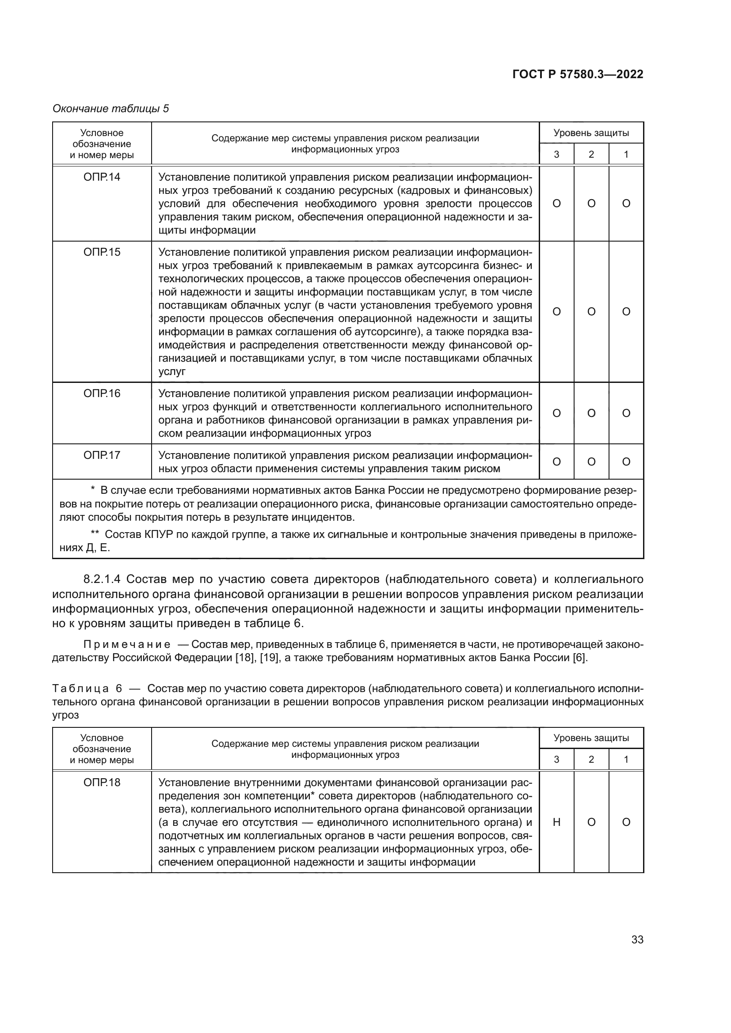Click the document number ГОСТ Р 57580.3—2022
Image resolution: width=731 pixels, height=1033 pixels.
pos(578,75)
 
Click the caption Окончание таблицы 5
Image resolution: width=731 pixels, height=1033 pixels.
pos(111,109)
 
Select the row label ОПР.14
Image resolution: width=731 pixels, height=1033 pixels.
pos(102,177)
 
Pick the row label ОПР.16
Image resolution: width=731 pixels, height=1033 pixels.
pos(102,394)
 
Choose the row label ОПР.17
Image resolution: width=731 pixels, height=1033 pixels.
pos(102,455)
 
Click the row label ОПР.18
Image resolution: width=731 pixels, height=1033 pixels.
pos(102,783)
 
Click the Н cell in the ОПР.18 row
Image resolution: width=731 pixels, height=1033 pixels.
pos(556,822)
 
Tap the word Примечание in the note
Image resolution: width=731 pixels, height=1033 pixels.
pos(127,645)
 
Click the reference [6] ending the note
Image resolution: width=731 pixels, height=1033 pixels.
pos(579,658)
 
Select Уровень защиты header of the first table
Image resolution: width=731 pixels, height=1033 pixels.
pos(591,133)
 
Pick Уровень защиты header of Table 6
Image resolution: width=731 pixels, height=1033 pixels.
pos(591,738)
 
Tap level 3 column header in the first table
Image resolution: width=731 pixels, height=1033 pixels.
pos(556,154)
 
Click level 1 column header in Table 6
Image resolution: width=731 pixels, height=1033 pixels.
pos(626,760)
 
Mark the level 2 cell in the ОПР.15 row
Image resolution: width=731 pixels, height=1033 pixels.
pos(591,312)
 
